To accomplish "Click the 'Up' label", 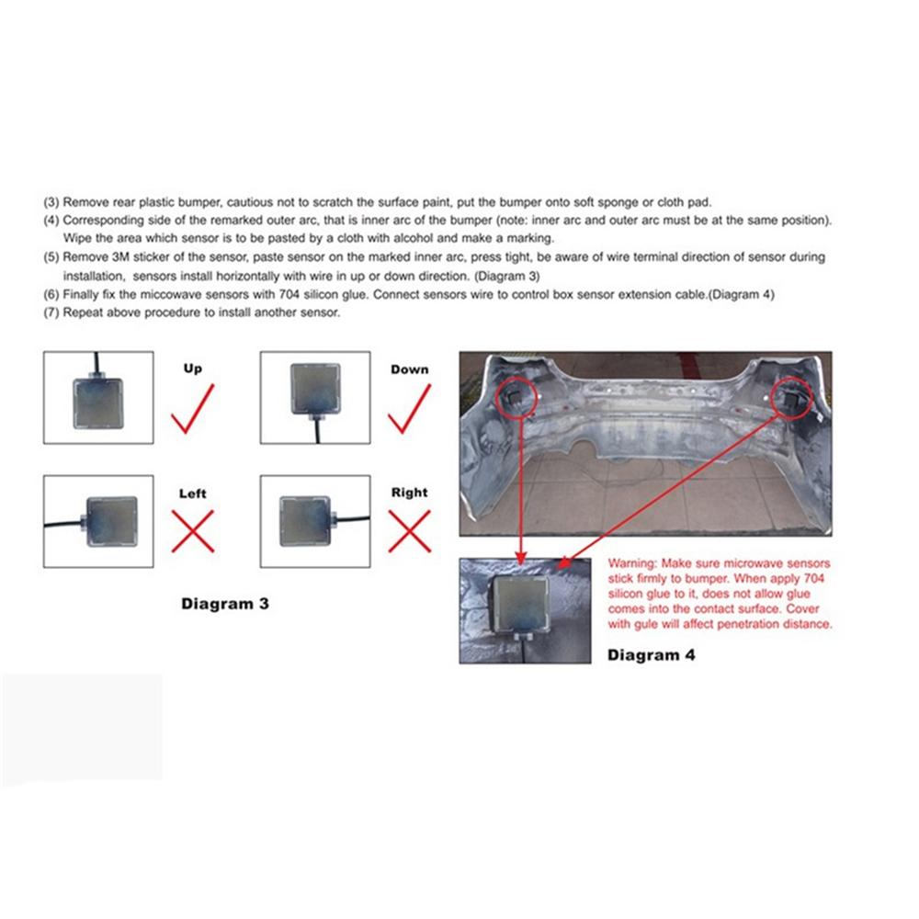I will click(192, 369).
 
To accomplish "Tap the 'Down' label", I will click(409, 369).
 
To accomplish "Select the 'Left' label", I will click(192, 494).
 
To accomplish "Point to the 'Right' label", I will click(409, 493).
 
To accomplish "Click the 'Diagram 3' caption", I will click(224, 604).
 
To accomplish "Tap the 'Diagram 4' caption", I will click(652, 655).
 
